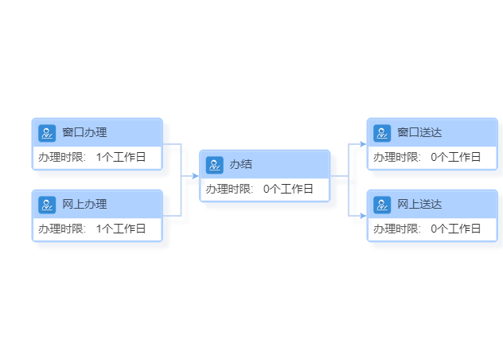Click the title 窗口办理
click(84, 132)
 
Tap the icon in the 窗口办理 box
click(47, 133)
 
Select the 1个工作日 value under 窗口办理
click(121, 157)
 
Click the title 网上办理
click(84, 204)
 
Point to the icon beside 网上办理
click(47, 205)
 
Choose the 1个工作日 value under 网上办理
click(121, 229)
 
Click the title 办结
click(241, 164)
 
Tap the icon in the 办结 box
click(215, 165)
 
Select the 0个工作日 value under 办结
click(288, 189)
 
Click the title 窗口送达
click(419, 132)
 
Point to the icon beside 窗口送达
click(382, 133)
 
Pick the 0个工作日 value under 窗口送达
click(456, 157)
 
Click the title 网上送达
click(419, 204)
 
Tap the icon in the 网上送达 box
click(382, 205)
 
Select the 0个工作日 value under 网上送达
click(456, 229)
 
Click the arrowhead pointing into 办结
click(195, 176)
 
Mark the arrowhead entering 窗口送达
click(363, 144)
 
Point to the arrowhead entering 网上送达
click(363, 216)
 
